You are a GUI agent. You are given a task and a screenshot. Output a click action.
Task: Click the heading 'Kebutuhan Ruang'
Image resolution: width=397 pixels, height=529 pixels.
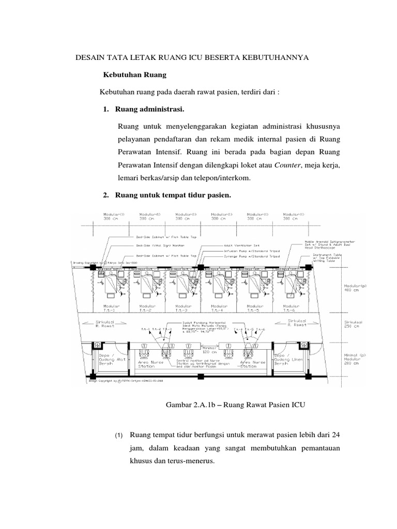point(135,75)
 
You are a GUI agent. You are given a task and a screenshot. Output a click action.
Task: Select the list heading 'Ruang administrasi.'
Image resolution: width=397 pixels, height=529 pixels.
point(150,109)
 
